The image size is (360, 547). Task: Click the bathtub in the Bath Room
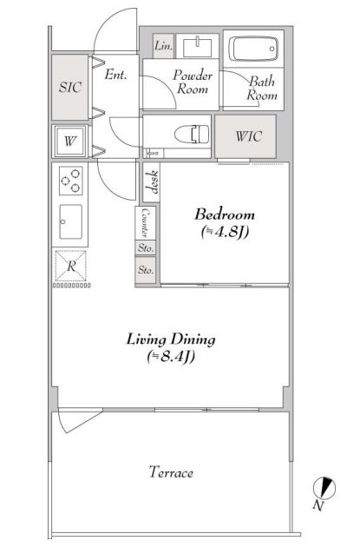[x=253, y=49]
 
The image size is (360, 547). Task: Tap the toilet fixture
[x=192, y=135]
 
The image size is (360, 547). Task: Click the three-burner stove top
[x=71, y=181]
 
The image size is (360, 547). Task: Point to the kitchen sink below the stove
[x=71, y=221]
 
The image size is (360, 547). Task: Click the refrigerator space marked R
[x=71, y=266]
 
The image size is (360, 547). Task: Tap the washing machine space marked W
[x=70, y=142]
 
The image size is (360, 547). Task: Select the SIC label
[x=70, y=87]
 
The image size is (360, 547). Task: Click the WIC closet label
[x=248, y=136]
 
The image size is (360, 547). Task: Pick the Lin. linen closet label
[x=163, y=46]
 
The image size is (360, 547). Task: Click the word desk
[x=152, y=182]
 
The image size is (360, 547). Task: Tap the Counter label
[x=145, y=222]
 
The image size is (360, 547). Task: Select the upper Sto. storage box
[x=146, y=248]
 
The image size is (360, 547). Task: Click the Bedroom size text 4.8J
[x=225, y=232]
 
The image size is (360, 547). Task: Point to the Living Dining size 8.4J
[x=170, y=357]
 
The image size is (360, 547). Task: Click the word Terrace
[x=171, y=472]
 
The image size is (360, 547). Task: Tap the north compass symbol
[x=324, y=487]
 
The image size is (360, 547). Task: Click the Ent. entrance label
[x=115, y=75]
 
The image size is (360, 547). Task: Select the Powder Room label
[x=193, y=82]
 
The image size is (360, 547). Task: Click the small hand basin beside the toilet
[x=154, y=153]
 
